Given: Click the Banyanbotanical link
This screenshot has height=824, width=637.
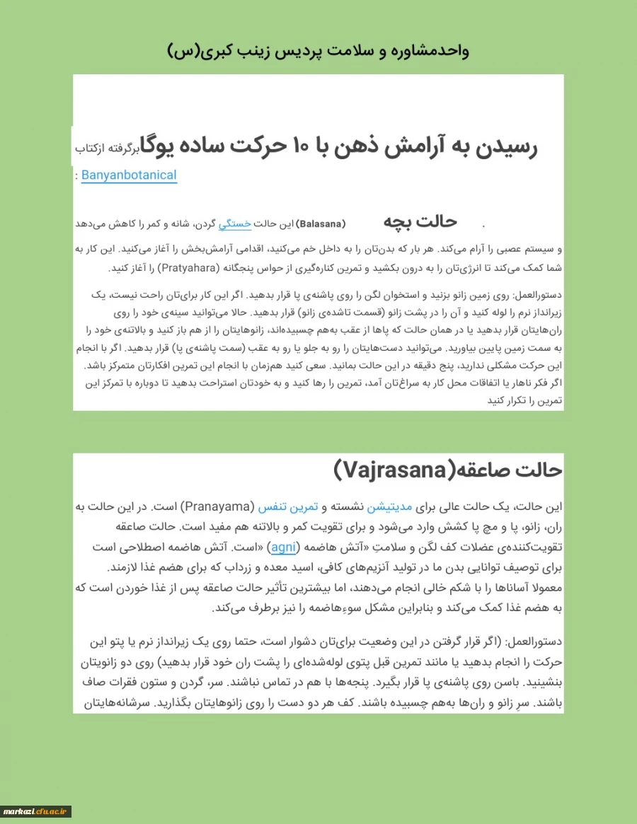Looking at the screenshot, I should [x=129, y=175].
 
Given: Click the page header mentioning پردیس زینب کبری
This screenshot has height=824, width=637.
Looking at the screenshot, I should [x=318, y=51].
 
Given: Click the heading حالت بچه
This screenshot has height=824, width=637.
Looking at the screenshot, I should [x=420, y=221].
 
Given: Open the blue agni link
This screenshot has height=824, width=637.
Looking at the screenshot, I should [x=283, y=547].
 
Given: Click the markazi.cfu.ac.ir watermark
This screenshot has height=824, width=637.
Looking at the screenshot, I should [x=36, y=811].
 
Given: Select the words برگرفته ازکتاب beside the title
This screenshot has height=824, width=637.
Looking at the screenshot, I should [x=107, y=149].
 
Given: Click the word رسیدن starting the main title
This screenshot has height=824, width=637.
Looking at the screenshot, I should [x=505, y=148].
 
